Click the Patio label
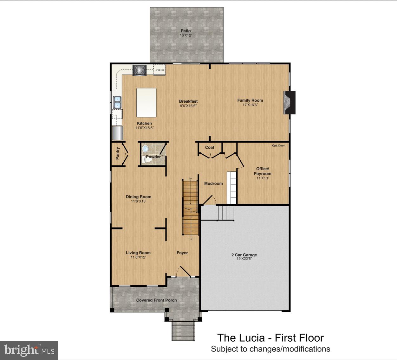186,31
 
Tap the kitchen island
146,102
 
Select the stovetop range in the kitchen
140,70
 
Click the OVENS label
159,70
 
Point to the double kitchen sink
117,102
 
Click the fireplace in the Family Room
289,102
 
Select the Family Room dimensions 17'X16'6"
250,105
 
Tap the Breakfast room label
188,101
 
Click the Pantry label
118,153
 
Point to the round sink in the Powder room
146,148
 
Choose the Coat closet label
210,147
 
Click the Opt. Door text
278,145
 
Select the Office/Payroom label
263,171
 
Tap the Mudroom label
213,183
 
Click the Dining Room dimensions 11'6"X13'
138,201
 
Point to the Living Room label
138,253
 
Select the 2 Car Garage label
244,255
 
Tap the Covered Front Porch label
156,300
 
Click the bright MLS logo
29,350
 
